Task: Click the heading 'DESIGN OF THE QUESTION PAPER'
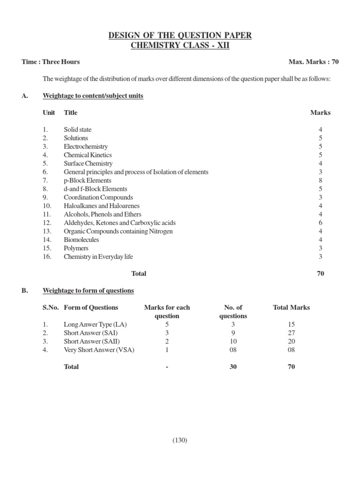point(180,36)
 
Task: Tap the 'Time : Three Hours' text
point(51,62)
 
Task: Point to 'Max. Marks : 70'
point(314,62)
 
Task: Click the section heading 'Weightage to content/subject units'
point(93,96)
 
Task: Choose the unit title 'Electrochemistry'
point(86,146)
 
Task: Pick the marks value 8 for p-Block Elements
point(321,180)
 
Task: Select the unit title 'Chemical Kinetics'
point(88,155)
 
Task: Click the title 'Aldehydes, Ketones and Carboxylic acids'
point(120,223)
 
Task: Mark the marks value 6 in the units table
point(321,223)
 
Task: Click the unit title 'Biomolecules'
point(82,240)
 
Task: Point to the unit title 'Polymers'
point(76,248)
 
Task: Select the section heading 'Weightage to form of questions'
point(88,291)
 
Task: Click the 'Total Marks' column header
point(291,307)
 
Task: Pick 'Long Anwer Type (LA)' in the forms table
point(95,324)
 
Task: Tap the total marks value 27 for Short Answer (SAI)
point(291,333)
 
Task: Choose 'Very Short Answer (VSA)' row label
point(99,350)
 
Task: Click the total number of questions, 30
point(233,367)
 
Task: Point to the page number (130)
point(180,440)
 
